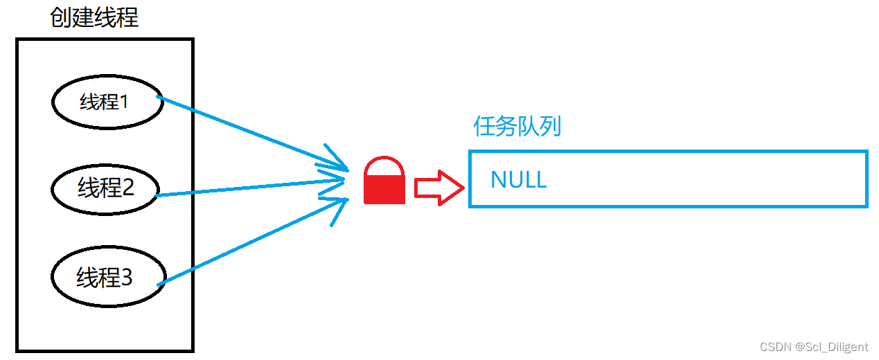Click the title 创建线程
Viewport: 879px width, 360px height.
point(94,17)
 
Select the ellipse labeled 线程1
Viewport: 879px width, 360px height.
point(107,102)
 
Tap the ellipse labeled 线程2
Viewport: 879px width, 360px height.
point(105,188)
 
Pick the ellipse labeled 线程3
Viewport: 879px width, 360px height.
point(108,278)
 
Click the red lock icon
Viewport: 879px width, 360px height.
point(384,181)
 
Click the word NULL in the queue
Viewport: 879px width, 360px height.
point(518,179)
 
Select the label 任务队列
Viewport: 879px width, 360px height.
point(517,127)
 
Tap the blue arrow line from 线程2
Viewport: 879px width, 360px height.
point(249,188)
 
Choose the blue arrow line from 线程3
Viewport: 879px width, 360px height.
point(249,242)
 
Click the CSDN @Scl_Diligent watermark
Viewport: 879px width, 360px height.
point(813,347)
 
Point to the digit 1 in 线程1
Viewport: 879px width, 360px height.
point(124,102)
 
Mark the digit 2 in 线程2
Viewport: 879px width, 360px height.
point(127,188)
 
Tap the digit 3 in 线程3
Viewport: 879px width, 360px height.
point(126,278)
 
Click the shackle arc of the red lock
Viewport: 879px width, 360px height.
point(384,163)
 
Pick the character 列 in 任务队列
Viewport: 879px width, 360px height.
point(550,127)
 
